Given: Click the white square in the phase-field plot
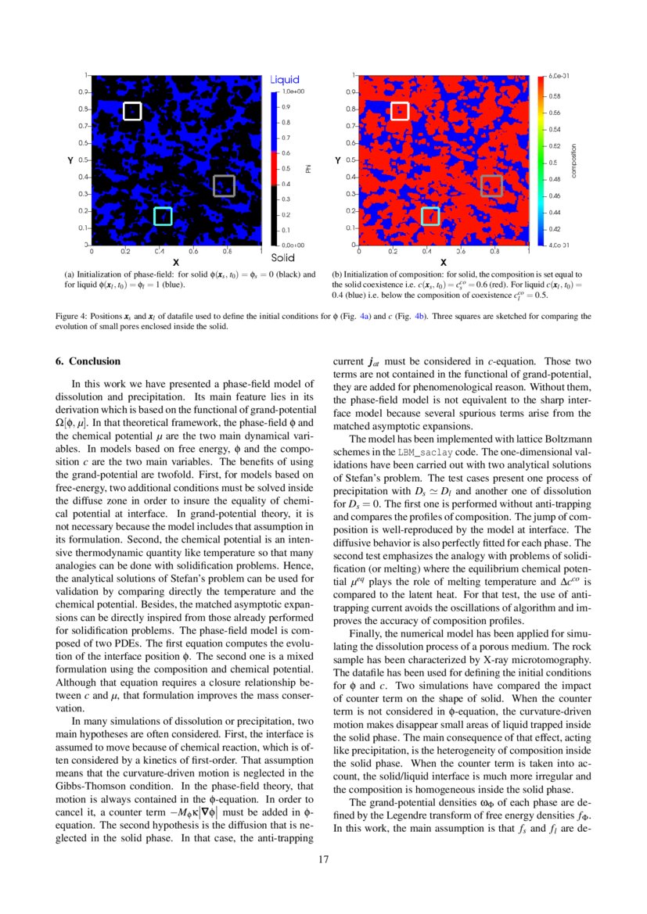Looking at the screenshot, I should [x=132, y=111].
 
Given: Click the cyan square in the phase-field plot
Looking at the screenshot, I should [x=163, y=217].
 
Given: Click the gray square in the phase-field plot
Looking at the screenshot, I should [x=224, y=185].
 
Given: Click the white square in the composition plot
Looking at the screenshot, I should [x=400, y=111].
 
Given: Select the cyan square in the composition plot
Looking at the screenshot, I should [x=430, y=216].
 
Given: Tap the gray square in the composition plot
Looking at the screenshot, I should [x=491, y=185].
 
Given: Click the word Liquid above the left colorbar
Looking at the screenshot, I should [x=285, y=80].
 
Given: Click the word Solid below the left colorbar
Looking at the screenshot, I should [x=282, y=257].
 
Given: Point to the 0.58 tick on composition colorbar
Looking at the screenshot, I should [x=554, y=96].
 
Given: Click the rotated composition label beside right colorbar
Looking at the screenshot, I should [x=573, y=160].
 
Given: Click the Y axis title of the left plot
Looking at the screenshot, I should [x=70, y=160].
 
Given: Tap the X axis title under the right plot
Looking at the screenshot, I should [x=444, y=262].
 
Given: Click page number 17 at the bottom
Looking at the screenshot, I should [x=323, y=860].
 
